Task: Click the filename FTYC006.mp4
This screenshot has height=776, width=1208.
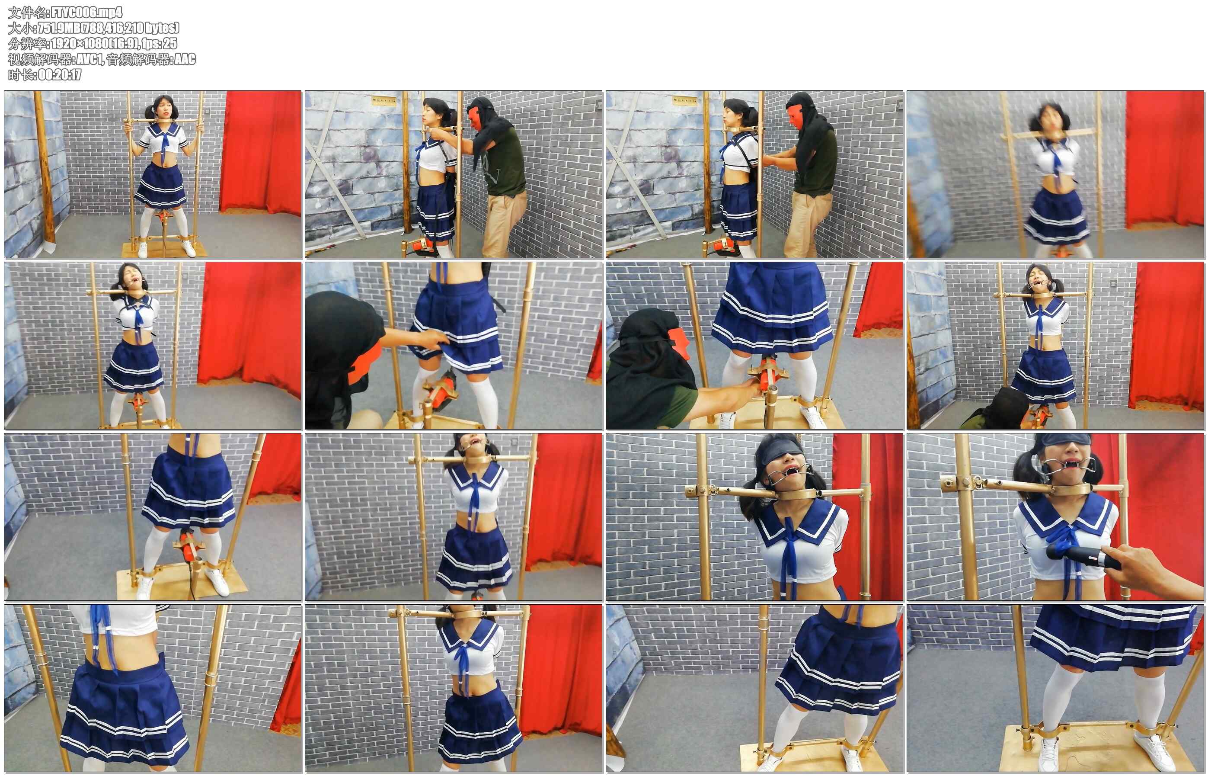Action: pos(86,12)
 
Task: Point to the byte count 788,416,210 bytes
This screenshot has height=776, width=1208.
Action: pos(125,28)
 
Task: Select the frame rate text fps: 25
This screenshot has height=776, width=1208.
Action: pos(160,43)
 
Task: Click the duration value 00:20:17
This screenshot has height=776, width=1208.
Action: pos(59,74)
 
